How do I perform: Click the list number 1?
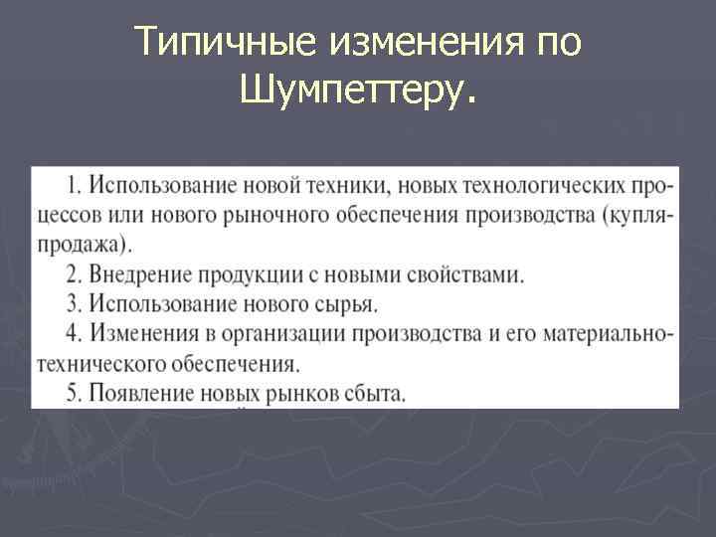click(x=74, y=185)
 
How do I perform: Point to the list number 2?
click(x=74, y=273)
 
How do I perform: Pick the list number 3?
click(x=74, y=302)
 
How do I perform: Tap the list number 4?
click(x=74, y=332)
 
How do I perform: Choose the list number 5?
click(x=74, y=392)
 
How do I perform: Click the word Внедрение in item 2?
click(x=138, y=273)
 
